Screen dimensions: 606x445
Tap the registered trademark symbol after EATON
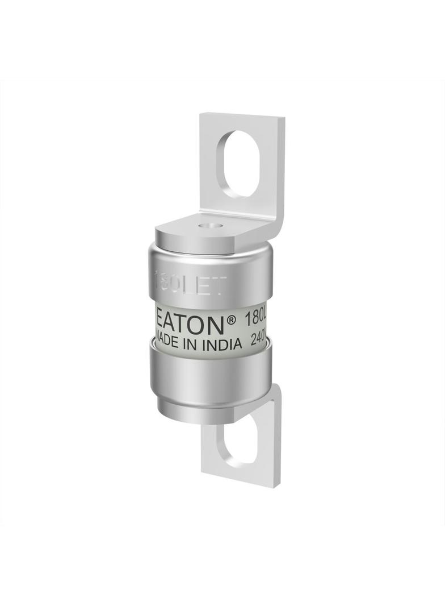pos(231,319)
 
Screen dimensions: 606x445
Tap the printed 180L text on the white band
pos(255,320)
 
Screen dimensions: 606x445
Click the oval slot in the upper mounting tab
pos(242,164)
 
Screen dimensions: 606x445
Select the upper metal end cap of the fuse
pos(210,273)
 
